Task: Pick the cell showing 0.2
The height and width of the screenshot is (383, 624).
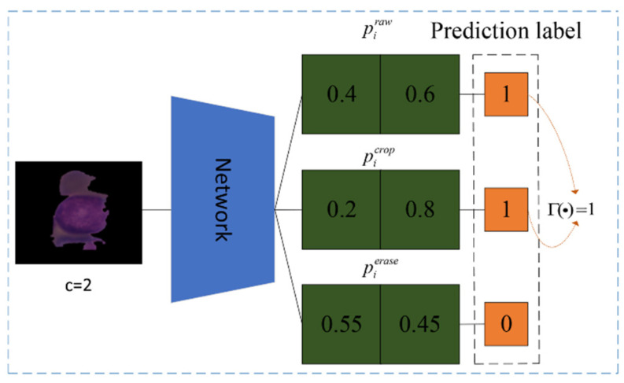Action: click(x=342, y=210)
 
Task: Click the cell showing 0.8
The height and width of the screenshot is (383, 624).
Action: click(x=419, y=210)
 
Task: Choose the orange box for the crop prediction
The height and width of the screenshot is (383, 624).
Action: click(x=506, y=210)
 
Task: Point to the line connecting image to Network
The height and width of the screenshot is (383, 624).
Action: click(x=157, y=211)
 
